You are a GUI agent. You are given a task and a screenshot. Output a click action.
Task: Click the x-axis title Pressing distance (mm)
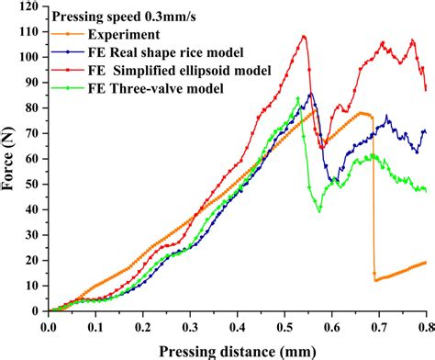click(x=237, y=350)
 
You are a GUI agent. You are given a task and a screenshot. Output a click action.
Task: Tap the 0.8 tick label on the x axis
click(x=424, y=325)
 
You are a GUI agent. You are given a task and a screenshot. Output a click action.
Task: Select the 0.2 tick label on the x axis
click(x=142, y=325)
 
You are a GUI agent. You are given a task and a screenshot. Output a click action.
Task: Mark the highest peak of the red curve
click(x=304, y=37)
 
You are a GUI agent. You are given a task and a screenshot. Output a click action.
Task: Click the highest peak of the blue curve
click(x=311, y=93)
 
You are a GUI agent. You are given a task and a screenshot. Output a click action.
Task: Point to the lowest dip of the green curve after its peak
click(x=318, y=211)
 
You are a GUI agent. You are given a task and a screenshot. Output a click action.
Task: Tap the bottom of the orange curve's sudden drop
click(x=375, y=279)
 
